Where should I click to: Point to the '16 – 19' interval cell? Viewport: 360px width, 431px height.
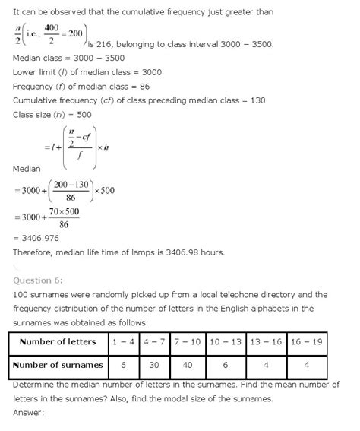[x=326, y=342]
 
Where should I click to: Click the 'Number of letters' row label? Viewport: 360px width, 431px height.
[x=58, y=342]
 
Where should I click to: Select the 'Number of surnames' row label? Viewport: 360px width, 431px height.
[x=58, y=366]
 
